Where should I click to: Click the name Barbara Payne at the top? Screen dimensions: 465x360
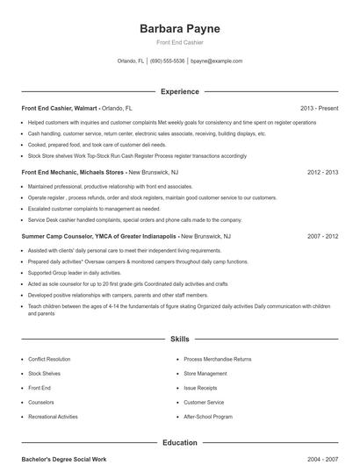179,29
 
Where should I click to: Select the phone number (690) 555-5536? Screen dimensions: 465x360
167,61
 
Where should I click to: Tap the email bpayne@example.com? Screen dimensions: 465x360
216,61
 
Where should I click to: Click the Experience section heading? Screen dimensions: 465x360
179,91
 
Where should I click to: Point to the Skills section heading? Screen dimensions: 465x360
179,338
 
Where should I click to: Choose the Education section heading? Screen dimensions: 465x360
179,443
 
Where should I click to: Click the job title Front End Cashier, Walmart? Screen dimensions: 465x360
60,108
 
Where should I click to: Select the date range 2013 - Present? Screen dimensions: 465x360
319,108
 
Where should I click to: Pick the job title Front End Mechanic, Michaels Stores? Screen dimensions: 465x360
73,172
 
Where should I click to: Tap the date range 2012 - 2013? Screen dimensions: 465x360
322,172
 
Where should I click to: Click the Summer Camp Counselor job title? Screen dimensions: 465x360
98,236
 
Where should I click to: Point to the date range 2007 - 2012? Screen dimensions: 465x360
322,236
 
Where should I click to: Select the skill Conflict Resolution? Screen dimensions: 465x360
49,359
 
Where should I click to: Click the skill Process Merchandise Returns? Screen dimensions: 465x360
217,359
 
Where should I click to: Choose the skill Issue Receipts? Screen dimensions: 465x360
202,388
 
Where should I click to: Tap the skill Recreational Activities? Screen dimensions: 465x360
53,417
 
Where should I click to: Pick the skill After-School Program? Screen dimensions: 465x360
208,417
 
